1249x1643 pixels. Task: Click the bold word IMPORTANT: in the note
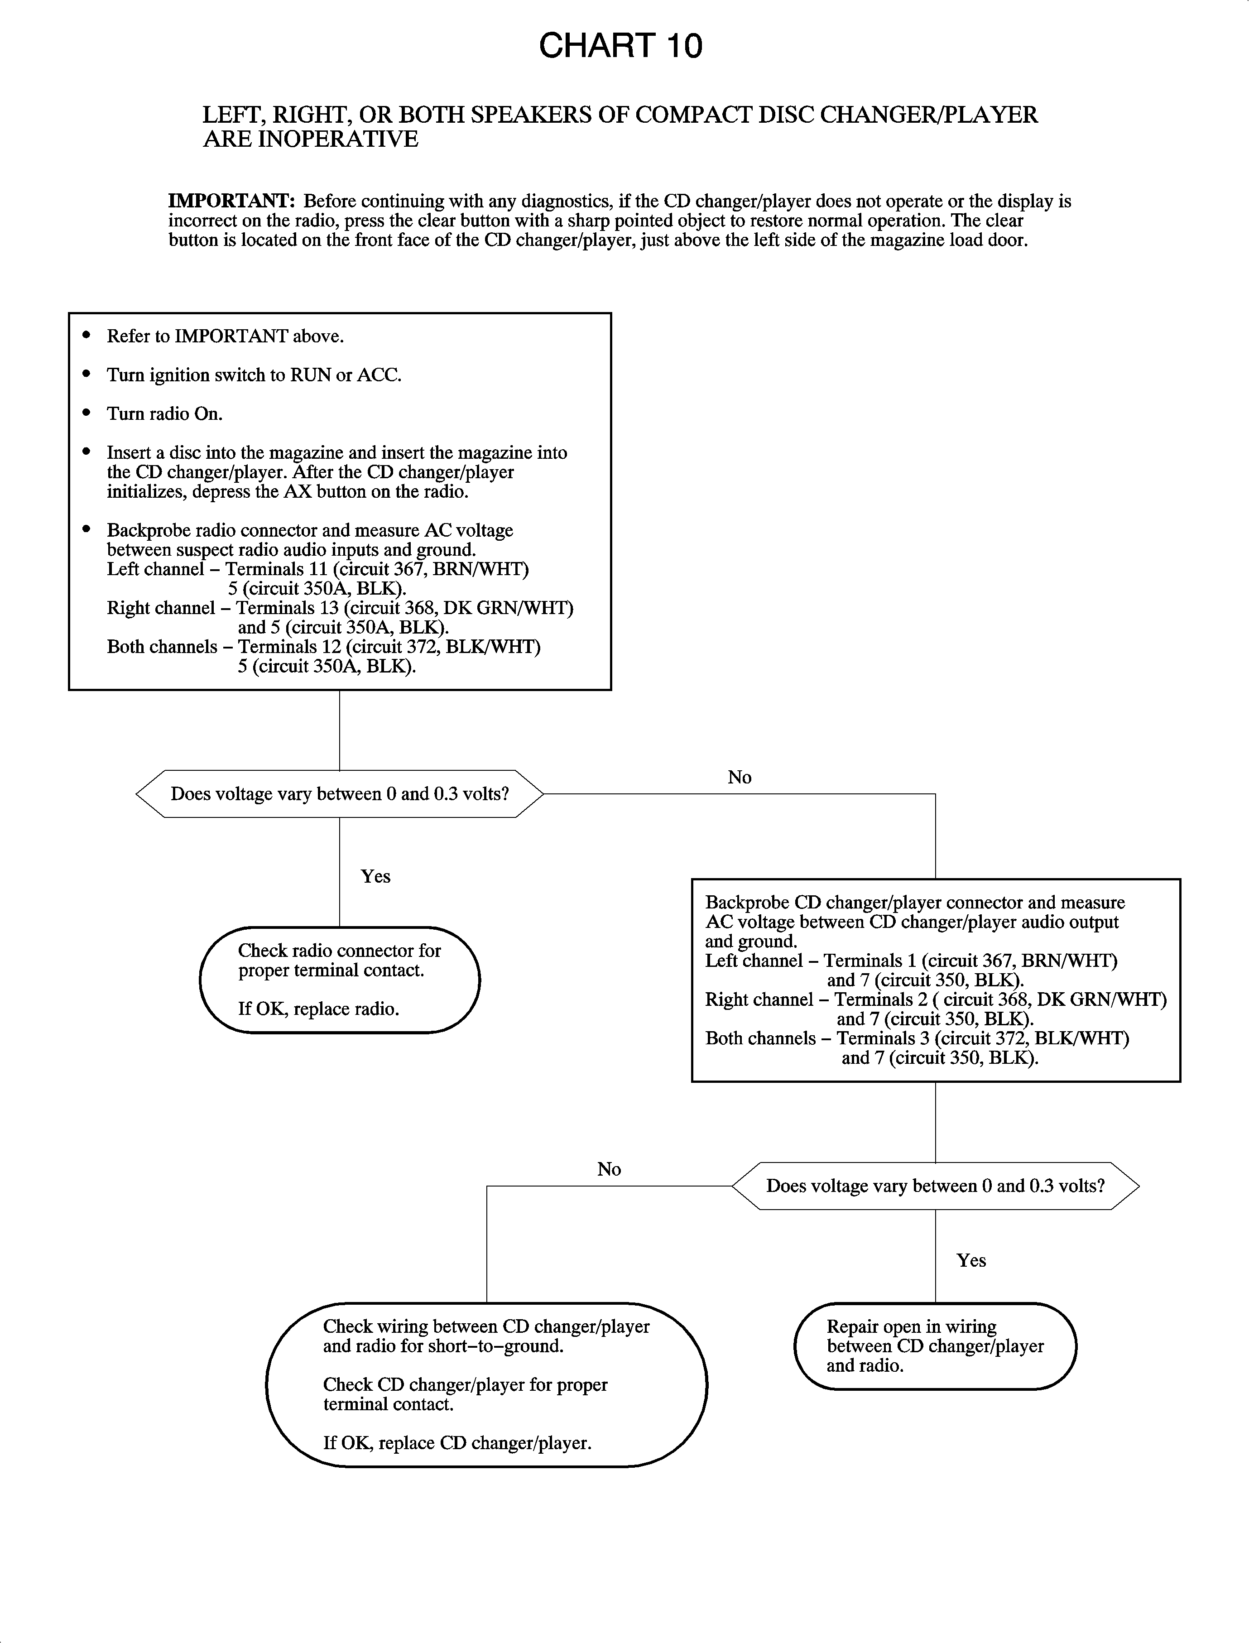point(231,202)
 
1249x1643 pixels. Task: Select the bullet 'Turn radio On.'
point(164,414)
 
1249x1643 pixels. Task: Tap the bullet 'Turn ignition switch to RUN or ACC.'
point(254,375)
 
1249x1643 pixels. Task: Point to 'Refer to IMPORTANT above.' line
point(225,337)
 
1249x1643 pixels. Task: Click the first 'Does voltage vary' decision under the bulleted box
point(340,794)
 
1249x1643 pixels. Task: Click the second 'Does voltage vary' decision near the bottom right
point(935,1186)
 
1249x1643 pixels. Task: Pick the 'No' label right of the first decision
point(739,778)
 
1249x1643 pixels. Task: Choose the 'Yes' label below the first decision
point(375,876)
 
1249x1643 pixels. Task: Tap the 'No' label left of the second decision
point(609,1169)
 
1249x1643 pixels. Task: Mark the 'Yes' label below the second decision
point(971,1260)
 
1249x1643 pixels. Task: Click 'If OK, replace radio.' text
point(318,1009)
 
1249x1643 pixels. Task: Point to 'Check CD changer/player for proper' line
point(465,1385)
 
